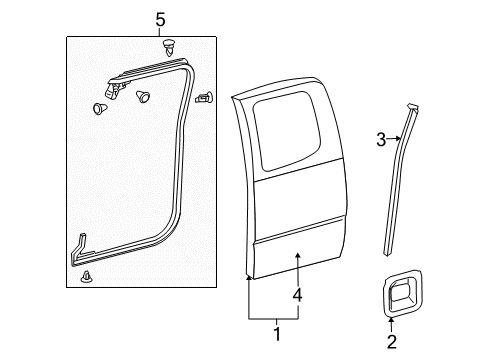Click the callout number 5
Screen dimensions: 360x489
pyautogui.click(x=159, y=18)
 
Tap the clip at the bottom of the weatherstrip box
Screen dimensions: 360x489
pyautogui.click(x=91, y=276)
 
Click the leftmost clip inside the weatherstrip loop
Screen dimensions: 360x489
pyautogui.click(x=102, y=108)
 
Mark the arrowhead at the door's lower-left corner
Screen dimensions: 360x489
pyautogui.click(x=249, y=279)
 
